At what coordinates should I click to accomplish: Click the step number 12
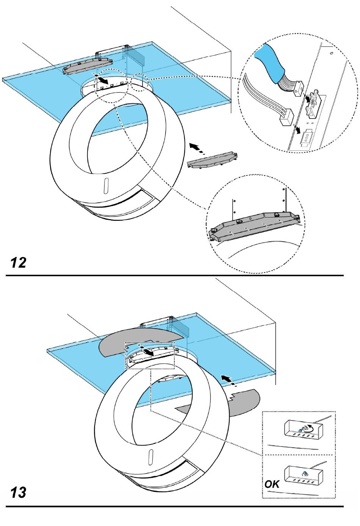18,262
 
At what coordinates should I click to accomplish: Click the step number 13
18,493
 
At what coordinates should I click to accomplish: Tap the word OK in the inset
272,484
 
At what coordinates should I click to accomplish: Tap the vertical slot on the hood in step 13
150,457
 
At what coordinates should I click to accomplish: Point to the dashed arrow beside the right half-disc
228,381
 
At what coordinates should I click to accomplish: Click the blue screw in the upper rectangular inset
301,430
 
